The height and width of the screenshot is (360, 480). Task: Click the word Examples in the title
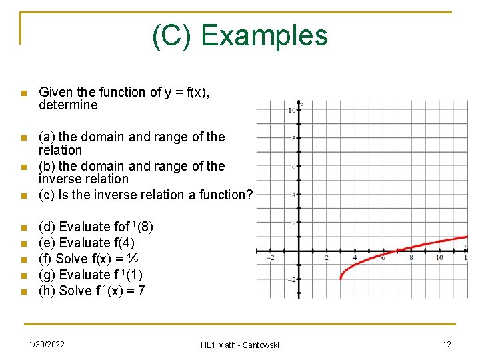[x=264, y=35]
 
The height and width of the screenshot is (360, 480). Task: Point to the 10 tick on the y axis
[x=292, y=110]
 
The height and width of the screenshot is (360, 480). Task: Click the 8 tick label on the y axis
[x=293, y=138]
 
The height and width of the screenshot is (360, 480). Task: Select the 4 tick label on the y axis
[x=293, y=195]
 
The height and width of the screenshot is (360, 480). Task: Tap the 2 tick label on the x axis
[x=327, y=258]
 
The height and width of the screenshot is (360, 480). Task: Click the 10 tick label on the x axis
[x=439, y=258]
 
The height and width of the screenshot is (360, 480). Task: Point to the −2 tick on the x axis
[x=270, y=258]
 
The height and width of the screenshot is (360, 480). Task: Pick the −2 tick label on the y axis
[x=291, y=280]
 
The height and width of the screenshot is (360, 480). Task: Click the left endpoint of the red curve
[x=341, y=279]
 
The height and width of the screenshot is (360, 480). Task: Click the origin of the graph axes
[x=299, y=251]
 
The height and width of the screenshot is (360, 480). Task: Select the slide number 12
[x=447, y=344]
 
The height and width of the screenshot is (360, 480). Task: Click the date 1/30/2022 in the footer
[x=47, y=344]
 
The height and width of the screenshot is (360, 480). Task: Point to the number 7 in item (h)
[x=141, y=291]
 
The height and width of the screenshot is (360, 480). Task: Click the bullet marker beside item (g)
[x=23, y=275]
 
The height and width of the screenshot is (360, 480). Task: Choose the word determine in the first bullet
[x=68, y=105]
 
